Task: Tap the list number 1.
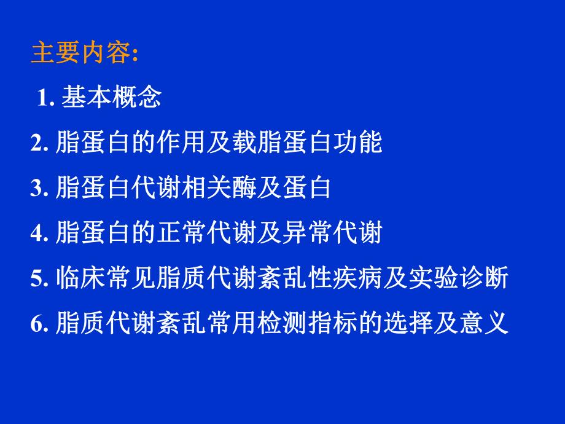(47, 98)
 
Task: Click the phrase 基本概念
(111, 98)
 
